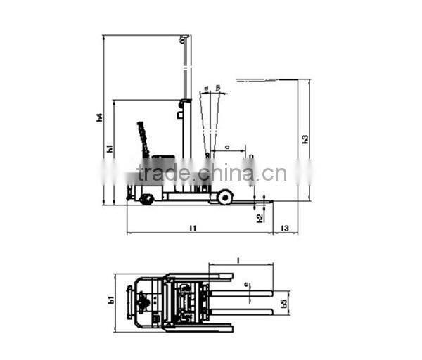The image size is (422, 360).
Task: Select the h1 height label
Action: pos(110,148)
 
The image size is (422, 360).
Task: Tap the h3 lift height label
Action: pos(305,139)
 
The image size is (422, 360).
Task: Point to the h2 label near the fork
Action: pos(260,218)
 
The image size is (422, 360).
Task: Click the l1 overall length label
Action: pos(192,228)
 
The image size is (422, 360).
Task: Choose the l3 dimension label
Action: pos(284,228)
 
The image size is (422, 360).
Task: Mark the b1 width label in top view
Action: pos(111,300)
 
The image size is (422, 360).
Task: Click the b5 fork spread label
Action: pos(283,303)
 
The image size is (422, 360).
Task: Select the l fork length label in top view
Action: pos(238,260)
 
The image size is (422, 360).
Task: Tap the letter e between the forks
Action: pos(245,285)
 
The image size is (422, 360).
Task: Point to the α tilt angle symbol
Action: pos(205,89)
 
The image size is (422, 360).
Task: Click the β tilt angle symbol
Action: pos(218,88)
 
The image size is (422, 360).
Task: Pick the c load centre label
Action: pos(226,147)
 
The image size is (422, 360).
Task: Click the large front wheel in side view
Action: pos(224,198)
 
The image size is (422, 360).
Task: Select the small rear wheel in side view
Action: pos(147,200)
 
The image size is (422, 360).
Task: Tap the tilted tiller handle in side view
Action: pos(143,139)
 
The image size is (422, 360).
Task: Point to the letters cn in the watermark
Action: pos(276,173)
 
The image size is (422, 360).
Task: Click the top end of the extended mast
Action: pos(185,37)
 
